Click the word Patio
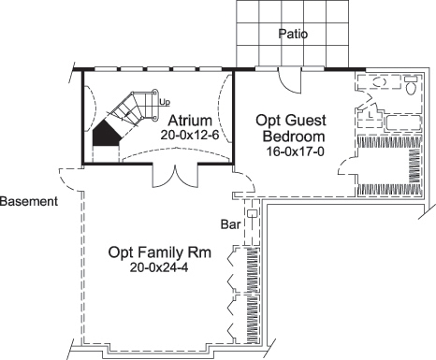pos(293,35)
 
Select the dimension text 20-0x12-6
pos(190,135)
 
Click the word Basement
pos(29,201)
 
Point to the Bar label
pos(230,224)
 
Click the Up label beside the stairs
pos(165,101)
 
